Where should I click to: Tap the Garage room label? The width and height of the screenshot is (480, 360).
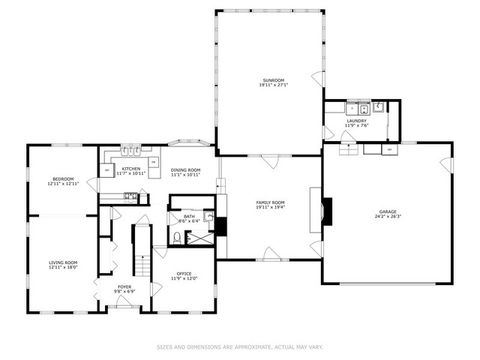(x=387, y=211)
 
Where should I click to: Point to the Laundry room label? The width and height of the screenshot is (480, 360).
(x=357, y=120)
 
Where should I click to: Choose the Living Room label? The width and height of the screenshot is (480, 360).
(x=63, y=262)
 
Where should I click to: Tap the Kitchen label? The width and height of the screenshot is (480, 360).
(x=131, y=169)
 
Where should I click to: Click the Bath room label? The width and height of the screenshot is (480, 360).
(x=189, y=216)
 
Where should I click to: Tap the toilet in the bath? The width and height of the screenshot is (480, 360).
(x=176, y=237)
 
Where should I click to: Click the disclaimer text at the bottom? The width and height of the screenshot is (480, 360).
(x=240, y=347)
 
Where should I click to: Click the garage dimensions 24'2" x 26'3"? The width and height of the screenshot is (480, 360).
(x=387, y=216)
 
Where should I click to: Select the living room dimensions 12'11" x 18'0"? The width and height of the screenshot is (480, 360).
(x=63, y=267)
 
